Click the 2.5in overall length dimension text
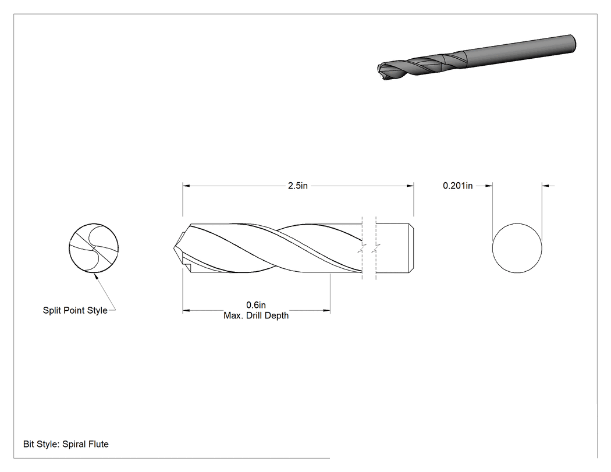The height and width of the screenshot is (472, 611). pos(298,186)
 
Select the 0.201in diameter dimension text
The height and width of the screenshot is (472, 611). pos(457,186)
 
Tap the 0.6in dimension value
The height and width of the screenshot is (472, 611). pos(256,305)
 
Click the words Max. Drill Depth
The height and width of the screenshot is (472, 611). pos(256,315)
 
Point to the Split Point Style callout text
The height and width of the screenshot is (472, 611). pos(75,310)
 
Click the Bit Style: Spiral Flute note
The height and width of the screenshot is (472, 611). pos(66,444)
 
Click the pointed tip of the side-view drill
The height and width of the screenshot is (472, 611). pos(174,248)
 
